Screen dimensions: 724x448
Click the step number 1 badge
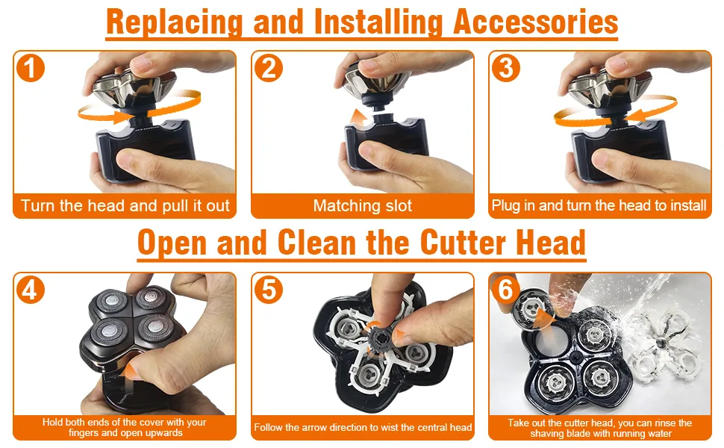click(31, 69)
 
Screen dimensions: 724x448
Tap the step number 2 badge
click(269, 69)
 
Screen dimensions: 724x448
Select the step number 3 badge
click(506, 69)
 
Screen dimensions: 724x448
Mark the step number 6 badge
click(506, 290)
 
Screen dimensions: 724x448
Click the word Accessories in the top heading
click(536, 22)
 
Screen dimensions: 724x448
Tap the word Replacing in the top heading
click(175, 23)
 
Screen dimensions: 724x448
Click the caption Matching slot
click(363, 205)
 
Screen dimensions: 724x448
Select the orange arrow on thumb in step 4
click(134, 370)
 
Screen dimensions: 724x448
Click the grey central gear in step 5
click(381, 340)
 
